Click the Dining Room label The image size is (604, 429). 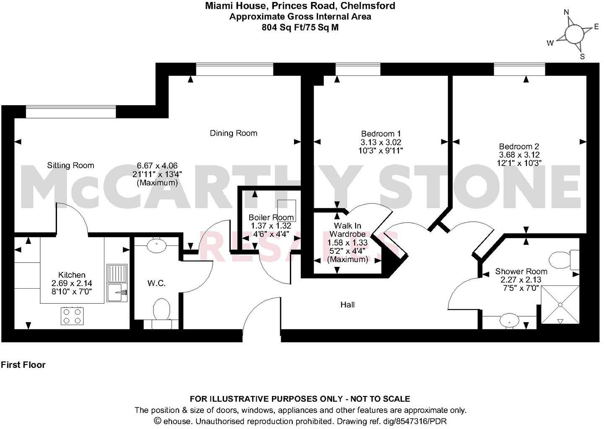coord(233,133)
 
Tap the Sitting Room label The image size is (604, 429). coord(70,165)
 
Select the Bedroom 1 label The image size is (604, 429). coord(378,134)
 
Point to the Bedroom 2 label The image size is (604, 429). coord(519,147)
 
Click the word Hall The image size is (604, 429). coord(347,305)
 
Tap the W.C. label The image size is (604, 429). coord(156,284)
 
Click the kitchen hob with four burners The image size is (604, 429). coord(72,316)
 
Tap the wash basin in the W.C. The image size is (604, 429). coord(156,245)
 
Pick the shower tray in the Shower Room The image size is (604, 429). coord(560,305)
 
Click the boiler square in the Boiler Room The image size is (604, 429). coord(286,210)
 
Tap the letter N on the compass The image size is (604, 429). coord(566,12)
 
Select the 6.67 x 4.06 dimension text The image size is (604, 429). coord(157,165)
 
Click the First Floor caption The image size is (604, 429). coord(23,365)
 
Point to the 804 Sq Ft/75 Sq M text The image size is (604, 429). coord(300,28)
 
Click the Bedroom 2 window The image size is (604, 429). coord(519,69)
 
